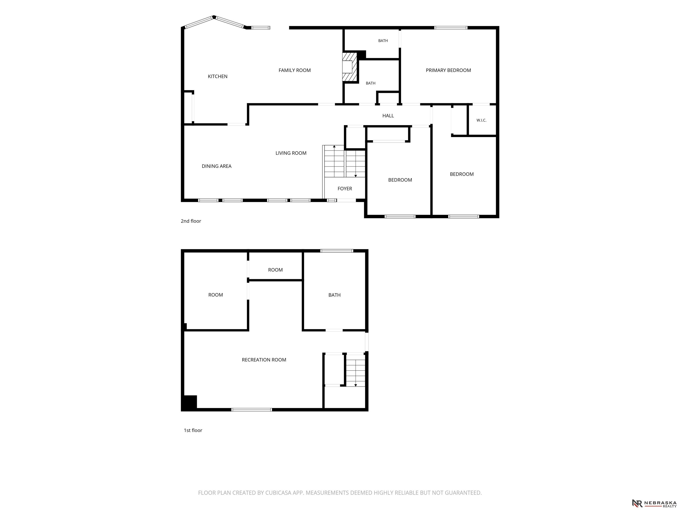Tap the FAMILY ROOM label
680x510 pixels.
point(294,70)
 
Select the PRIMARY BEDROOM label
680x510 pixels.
point(448,70)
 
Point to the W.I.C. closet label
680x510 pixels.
point(481,120)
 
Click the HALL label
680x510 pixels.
point(388,116)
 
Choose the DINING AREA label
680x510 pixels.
point(216,166)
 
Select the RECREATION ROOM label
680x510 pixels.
point(264,360)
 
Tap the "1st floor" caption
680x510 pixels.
point(193,430)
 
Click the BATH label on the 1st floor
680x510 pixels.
point(334,295)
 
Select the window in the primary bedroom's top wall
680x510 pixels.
point(451,28)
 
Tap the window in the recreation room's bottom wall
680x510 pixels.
point(251,410)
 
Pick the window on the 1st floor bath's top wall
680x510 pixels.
point(337,251)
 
